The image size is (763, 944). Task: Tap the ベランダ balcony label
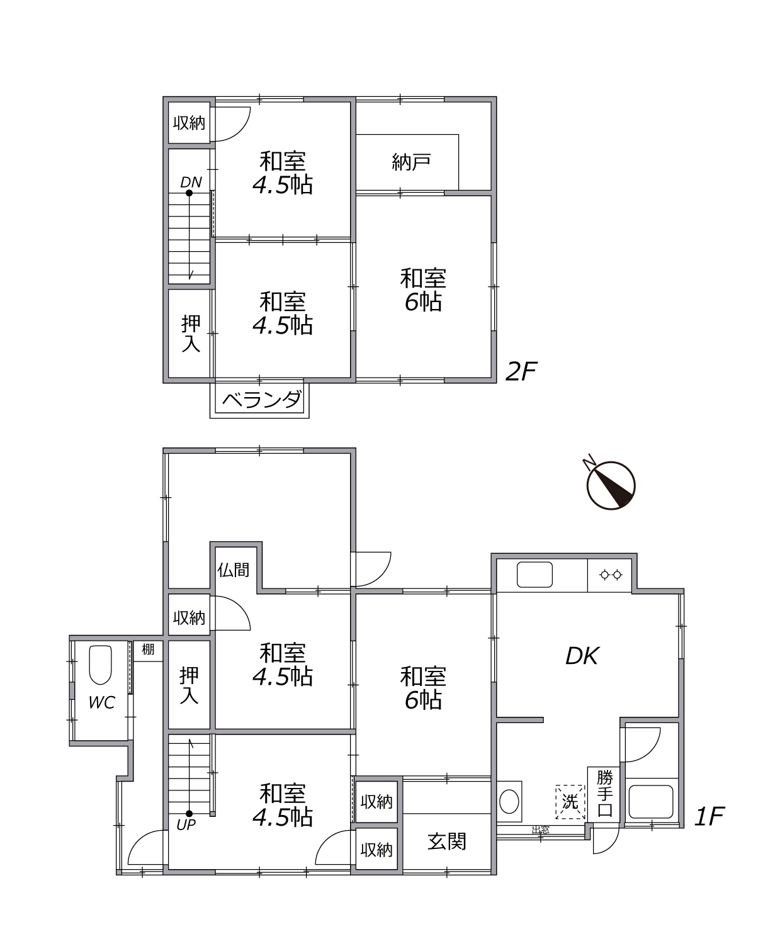[x=262, y=400]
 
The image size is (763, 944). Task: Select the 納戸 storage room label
[x=411, y=162]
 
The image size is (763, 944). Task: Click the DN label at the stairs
[x=191, y=182]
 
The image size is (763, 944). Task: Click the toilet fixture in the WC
[x=100, y=665]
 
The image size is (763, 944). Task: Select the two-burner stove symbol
[x=611, y=575]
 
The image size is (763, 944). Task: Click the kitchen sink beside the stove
[x=534, y=575]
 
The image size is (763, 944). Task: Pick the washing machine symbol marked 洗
[x=570, y=802]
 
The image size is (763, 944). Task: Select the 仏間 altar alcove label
[x=233, y=570]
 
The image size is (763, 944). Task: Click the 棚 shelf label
[x=148, y=649]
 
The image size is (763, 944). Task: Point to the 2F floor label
[x=521, y=371]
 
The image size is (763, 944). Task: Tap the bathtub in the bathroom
[x=651, y=802]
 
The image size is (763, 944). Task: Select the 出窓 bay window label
[x=540, y=829]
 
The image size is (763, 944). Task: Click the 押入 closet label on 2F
[x=191, y=334]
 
